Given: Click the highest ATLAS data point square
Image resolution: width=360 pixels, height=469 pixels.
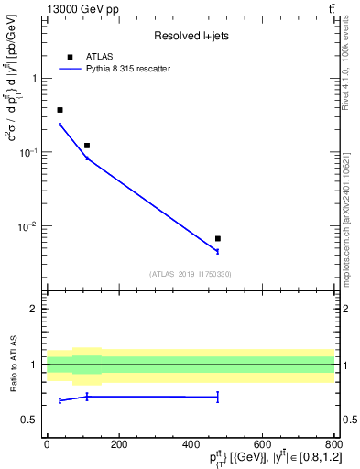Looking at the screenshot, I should (x=60, y=110).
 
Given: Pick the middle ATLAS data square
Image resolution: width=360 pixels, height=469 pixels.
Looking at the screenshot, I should (x=87, y=146).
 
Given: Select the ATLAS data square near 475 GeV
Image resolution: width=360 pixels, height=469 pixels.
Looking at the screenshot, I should (x=217, y=238).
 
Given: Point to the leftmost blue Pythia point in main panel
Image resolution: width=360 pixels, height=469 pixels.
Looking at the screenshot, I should (x=60, y=125).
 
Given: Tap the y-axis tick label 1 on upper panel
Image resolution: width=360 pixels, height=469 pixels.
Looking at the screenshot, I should (x=35, y=79).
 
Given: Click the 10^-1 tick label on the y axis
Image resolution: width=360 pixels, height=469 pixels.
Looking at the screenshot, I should (x=29, y=152).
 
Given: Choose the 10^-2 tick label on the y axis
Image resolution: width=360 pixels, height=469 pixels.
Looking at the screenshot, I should (x=29, y=226).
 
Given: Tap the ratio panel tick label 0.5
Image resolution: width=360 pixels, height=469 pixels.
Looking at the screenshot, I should (x=30, y=420).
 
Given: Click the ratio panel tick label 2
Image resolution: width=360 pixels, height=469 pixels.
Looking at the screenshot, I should (x=35, y=309).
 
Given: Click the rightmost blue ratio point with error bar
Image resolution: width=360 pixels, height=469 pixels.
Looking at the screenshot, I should (x=217, y=397).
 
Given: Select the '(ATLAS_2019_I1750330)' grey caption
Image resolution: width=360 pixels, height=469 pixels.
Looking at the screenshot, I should (x=191, y=273).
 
